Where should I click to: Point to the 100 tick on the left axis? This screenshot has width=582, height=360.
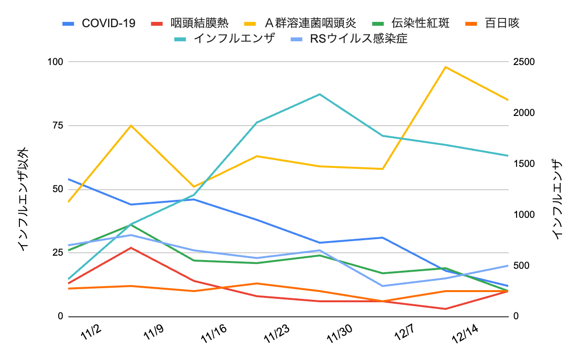pos(55,62)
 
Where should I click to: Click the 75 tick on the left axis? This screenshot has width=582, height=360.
pos(58,126)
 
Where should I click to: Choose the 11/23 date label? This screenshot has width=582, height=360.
pos(276,335)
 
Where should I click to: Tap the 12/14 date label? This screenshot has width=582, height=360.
pos(464,335)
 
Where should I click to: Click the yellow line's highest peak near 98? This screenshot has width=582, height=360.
pos(445,67)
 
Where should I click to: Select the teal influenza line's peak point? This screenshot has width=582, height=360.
pos(320,94)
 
